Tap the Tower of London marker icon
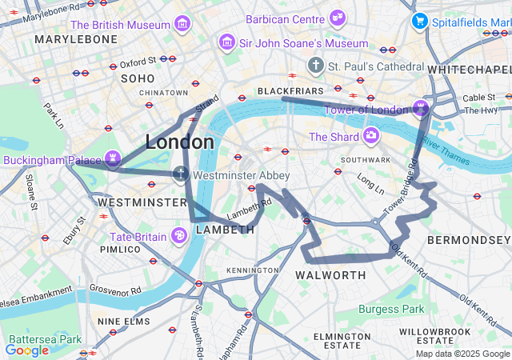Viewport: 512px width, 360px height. click(x=421, y=108)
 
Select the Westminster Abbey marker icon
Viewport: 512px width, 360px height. click(x=182, y=174)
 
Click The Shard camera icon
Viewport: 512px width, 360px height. click(x=370, y=136)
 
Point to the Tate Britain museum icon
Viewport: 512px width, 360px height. click(x=180, y=235)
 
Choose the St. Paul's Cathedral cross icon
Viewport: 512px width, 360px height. click(x=316, y=65)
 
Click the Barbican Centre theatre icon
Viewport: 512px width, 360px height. click(x=338, y=18)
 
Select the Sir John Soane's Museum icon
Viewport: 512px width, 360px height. click(x=227, y=42)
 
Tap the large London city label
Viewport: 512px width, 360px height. click(x=179, y=142)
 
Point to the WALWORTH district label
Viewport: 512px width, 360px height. click(x=330, y=275)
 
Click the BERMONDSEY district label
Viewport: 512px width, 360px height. click(x=468, y=240)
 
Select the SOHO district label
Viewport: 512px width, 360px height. click(x=137, y=78)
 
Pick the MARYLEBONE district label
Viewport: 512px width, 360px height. click(x=76, y=39)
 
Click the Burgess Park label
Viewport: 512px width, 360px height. click(x=391, y=309)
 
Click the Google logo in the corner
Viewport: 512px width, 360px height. click(x=27, y=350)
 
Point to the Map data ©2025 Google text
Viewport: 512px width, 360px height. click(x=462, y=354)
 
